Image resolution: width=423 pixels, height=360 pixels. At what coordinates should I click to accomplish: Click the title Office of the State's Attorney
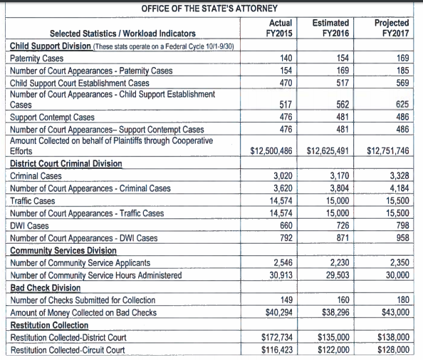pos(209,9)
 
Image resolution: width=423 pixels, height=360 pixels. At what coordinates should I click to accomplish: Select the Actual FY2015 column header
pos(279,28)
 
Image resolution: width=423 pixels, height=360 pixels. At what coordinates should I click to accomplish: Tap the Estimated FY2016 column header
pos(330,28)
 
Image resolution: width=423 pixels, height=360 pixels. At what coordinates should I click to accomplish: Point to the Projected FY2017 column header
pos(392,28)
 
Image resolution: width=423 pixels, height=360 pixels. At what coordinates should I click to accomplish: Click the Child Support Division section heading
pos(51,46)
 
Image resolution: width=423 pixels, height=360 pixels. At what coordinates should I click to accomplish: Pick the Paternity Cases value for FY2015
pos(286,58)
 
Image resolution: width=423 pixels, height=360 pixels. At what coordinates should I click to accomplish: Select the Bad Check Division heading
pos(46,288)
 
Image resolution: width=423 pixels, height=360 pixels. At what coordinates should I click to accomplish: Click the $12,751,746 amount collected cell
pos(388,150)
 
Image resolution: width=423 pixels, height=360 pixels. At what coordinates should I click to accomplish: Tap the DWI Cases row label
pos(29,226)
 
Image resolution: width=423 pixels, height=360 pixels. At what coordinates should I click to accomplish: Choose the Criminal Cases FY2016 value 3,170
pos(340,176)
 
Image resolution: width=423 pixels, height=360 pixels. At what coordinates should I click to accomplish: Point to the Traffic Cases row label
pos(32,201)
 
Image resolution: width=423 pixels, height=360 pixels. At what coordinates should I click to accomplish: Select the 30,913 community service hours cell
pos(281,275)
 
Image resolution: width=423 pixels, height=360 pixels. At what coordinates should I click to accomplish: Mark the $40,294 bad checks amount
pos(279,312)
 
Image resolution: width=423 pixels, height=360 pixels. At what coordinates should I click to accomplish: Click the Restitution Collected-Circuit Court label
pos(68,350)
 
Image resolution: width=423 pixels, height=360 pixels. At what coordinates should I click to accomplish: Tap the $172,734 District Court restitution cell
pos(277,337)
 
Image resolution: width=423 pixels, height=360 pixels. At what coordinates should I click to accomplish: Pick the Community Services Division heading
pos(63,251)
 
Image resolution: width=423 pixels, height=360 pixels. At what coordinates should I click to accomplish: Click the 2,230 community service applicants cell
pos(340,262)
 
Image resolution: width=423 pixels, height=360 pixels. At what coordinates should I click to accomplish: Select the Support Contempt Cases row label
pos(52,117)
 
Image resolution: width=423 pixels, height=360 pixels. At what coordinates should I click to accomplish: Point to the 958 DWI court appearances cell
pos(403,237)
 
